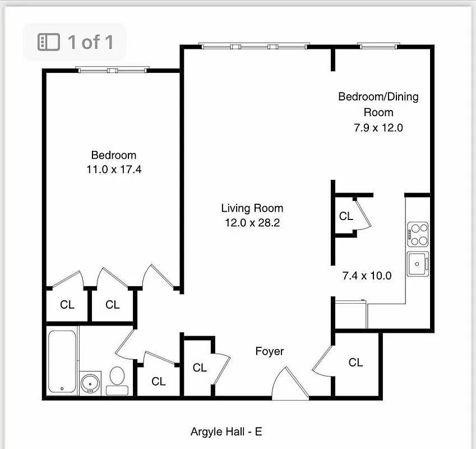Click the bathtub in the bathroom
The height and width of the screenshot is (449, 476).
[x=62, y=361]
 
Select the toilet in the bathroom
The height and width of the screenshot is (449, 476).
[x=117, y=378]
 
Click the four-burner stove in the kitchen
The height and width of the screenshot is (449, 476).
[x=417, y=235]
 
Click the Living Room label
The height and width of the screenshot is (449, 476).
[x=252, y=208]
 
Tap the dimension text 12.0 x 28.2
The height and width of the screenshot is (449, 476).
[x=252, y=223]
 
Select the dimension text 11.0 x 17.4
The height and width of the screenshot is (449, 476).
[x=114, y=169]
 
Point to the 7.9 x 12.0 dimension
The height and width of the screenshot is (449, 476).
[x=378, y=127]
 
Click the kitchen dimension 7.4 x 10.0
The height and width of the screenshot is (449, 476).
[x=367, y=276]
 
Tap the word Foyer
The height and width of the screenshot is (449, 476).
[x=269, y=351]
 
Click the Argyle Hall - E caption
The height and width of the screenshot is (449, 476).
[x=226, y=432]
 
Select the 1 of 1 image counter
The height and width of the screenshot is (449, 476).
[x=75, y=42]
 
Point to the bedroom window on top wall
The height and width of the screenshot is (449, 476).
[x=113, y=70]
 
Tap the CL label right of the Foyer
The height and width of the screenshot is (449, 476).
[x=355, y=363]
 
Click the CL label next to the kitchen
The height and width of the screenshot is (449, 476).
[x=346, y=216]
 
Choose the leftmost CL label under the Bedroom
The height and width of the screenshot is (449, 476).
[x=67, y=305]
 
